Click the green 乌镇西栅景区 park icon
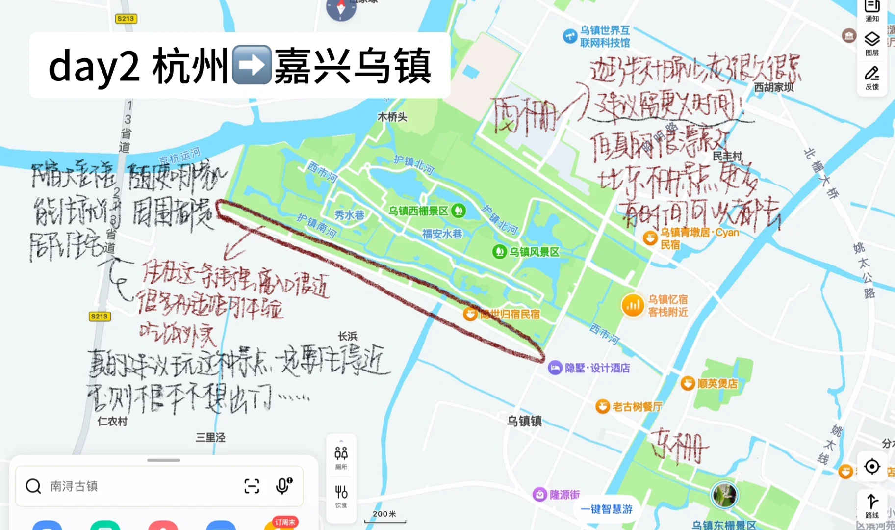[459, 211]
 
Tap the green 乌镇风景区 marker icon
[499, 252]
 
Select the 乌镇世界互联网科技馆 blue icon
[570, 36]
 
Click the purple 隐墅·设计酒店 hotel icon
[555, 368]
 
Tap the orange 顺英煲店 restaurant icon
[688, 383]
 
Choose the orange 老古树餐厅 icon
[602, 406]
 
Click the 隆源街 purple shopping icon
[539, 494]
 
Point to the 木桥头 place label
[392, 117]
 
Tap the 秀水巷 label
[349, 215]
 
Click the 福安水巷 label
[442, 234]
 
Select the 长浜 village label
[347, 336]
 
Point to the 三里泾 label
[210, 437]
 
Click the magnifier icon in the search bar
[33, 486]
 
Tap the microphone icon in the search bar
[283, 486]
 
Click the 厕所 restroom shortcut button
[341, 457]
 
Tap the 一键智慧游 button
[606, 509]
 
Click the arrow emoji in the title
[252, 65]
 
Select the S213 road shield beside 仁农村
[99, 317]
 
